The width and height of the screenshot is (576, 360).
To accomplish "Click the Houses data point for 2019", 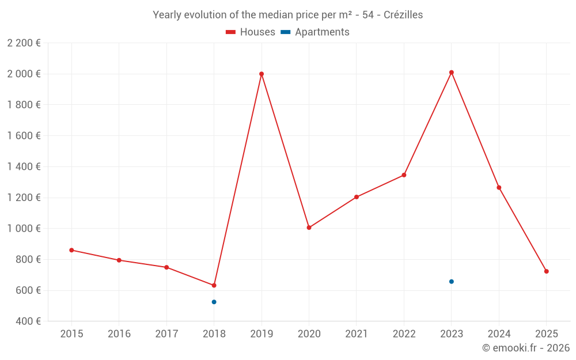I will (x=262, y=74).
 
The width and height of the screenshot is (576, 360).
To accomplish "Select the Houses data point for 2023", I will (x=452, y=73).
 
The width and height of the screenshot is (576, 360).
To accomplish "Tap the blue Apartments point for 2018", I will (x=214, y=302).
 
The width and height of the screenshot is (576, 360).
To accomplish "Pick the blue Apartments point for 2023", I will (x=452, y=282).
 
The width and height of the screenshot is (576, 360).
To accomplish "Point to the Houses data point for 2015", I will (x=71, y=250).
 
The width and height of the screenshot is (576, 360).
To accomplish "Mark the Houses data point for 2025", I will (x=547, y=271).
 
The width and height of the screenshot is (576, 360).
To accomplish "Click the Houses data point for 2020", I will (x=309, y=228).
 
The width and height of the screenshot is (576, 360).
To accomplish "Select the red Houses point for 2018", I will (x=214, y=286).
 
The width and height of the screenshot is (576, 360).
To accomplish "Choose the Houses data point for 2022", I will (x=404, y=175).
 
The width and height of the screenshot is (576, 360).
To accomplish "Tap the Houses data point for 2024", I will (x=499, y=188).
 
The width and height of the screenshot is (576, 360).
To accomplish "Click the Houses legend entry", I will (x=251, y=32).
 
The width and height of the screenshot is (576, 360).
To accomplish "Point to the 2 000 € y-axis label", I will (x=24, y=74).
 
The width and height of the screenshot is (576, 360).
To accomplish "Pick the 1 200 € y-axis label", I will (x=24, y=198).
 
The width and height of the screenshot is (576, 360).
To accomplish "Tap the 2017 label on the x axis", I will (x=166, y=334).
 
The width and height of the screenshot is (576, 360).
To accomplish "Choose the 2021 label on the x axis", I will (x=357, y=334).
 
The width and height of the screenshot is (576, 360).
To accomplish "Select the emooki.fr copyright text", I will (x=526, y=348).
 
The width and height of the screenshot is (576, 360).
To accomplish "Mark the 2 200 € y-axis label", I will (x=24, y=43).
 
